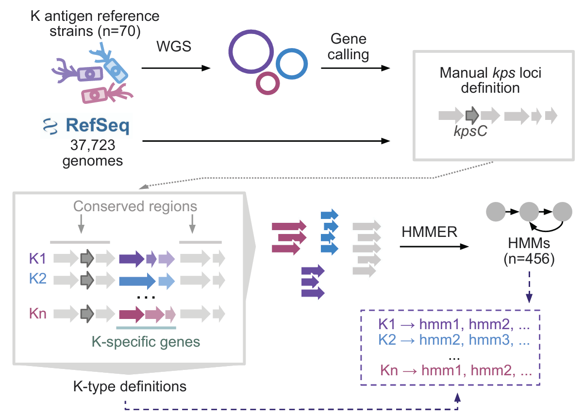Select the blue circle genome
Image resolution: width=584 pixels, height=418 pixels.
pyautogui.click(x=291, y=65)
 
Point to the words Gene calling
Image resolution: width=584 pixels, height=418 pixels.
pyautogui.click(x=348, y=47)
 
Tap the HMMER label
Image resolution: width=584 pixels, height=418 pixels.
pyautogui.click(x=430, y=233)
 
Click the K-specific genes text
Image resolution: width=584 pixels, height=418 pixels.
pyautogui.click(x=146, y=342)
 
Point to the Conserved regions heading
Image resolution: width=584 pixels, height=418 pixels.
pyautogui.click(x=135, y=206)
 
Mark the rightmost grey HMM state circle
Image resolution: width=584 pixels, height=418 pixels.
pyautogui.click(x=562, y=212)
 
